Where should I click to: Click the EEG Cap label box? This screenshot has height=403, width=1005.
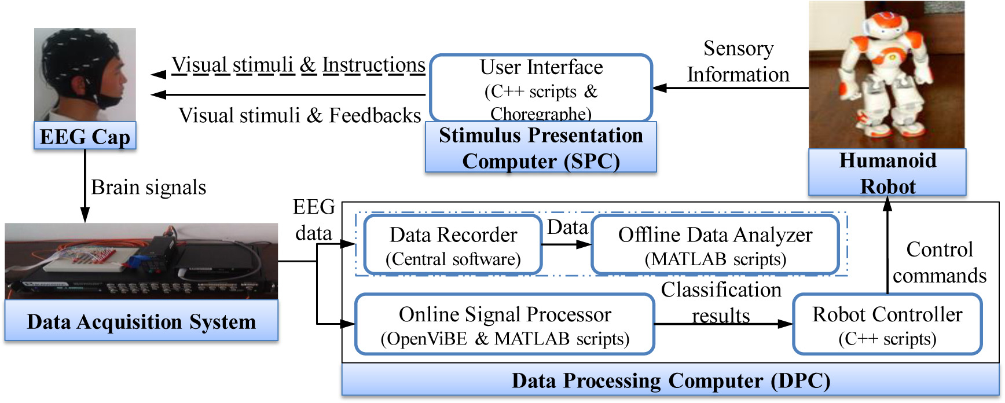(85, 137)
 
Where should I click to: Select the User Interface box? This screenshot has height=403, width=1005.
(541, 88)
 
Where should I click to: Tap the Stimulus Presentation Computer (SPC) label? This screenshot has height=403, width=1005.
(541, 148)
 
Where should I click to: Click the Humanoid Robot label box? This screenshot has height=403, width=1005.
(887, 173)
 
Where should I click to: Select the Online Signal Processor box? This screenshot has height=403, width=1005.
(504, 325)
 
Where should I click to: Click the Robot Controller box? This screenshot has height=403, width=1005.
(887, 325)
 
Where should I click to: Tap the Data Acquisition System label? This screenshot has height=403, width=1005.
(141, 321)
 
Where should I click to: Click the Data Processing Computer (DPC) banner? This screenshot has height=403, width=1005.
(670, 380)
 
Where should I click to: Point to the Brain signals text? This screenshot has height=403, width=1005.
(149, 188)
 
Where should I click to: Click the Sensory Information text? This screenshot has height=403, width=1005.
(738, 61)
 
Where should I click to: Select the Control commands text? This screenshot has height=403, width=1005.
(939, 262)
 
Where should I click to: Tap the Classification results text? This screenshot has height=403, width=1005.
(721, 302)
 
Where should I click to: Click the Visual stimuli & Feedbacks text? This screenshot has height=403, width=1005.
(299, 115)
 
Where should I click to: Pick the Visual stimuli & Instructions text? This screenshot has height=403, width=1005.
(298, 65)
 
